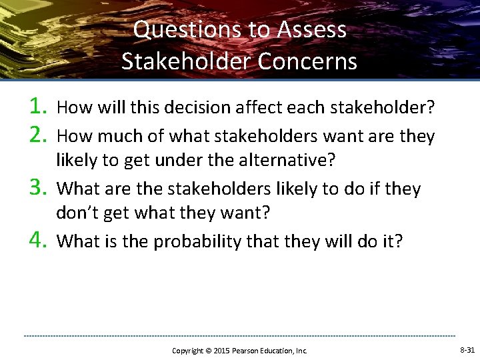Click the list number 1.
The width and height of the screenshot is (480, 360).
[38, 105]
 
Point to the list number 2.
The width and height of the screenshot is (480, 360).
[38, 135]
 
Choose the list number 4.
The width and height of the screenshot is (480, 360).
[38, 239]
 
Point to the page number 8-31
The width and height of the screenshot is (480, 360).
[467, 350]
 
